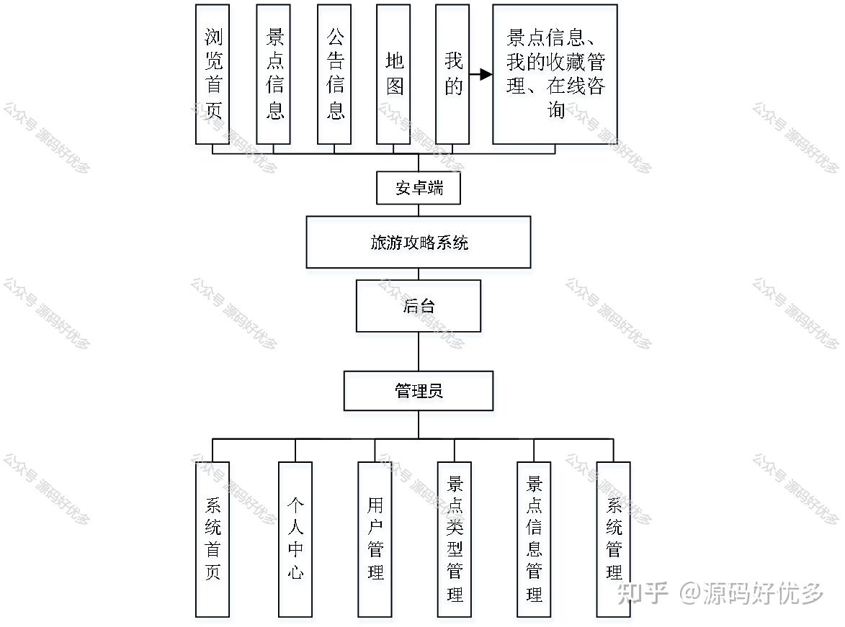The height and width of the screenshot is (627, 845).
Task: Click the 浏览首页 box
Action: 213,74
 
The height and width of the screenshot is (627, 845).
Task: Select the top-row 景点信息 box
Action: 273,74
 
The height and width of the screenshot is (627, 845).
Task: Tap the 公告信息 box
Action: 334,74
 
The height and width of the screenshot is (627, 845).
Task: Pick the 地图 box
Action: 393,74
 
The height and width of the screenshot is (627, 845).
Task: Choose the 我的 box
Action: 452,74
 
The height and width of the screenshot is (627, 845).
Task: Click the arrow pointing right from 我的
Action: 480,74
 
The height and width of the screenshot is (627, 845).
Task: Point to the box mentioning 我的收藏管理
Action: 555,74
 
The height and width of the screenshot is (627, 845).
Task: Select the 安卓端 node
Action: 419,189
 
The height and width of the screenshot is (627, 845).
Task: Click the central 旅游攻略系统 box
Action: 419,243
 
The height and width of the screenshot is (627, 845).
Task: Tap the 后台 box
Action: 419,306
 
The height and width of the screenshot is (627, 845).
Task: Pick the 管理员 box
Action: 419,391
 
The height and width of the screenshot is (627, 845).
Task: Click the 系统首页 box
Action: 213,539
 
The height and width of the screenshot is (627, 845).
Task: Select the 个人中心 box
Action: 295,539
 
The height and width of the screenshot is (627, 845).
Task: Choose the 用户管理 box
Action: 375,539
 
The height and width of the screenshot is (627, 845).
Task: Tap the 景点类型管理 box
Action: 455,539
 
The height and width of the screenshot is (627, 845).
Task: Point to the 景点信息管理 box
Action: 534,539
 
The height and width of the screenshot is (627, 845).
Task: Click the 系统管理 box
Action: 614,539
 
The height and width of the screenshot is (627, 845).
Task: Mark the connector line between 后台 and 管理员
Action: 419,351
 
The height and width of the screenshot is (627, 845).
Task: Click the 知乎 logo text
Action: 643,594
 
